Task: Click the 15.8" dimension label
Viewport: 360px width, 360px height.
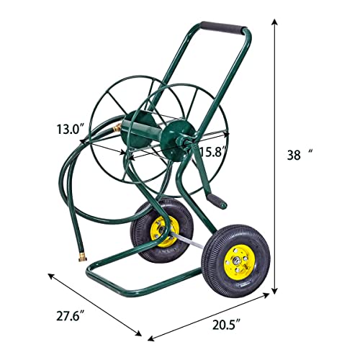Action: tap(214, 152)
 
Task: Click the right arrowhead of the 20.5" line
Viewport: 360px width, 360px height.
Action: tap(275, 305)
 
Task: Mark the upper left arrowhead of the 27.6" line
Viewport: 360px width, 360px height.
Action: tap(50, 275)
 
